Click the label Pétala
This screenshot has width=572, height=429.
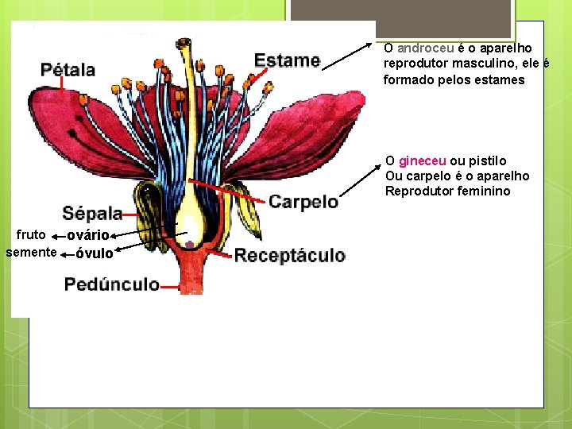pos(68,70)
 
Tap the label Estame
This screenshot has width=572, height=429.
pos(287,60)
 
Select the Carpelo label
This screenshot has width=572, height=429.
pos(303,202)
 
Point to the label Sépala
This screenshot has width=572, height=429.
pos(92,213)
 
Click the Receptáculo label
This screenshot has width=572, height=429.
pos(290,256)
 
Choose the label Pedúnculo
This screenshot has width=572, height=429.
pos(111,284)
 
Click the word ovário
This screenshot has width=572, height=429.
pos(87,236)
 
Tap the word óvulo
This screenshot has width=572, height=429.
pos(94,253)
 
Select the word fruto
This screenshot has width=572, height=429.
pos(31,235)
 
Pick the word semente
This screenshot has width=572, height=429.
pos(30,253)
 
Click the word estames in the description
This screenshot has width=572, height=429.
pos(498,79)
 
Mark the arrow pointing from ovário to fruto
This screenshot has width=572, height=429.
pos(57,237)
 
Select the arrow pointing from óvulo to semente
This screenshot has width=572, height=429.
pos(66,254)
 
